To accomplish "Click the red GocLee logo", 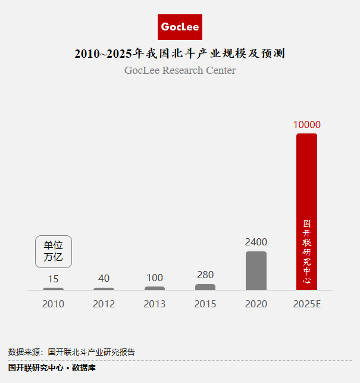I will click(x=180, y=27).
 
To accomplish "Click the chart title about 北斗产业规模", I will click(x=180, y=54).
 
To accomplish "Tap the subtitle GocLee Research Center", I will click(x=180, y=70).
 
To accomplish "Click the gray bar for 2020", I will click(x=256, y=271).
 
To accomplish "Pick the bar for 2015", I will click(x=205, y=287).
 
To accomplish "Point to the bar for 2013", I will click(x=155, y=288).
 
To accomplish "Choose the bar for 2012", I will click(x=104, y=289).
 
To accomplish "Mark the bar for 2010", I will click(x=53, y=289).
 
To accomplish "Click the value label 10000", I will click(x=306, y=124).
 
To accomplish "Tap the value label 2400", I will click(x=256, y=242).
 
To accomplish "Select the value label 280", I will click(x=205, y=275).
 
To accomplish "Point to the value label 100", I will click(x=155, y=278).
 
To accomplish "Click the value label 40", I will click(x=104, y=278).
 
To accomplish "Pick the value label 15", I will click(x=53, y=278).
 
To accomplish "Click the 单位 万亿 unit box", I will click(x=54, y=251).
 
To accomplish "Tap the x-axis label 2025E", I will click(x=306, y=304).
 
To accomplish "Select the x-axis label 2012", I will click(x=104, y=304).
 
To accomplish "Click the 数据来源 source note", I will click(x=71, y=352).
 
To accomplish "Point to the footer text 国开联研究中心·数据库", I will click(x=52, y=368).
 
